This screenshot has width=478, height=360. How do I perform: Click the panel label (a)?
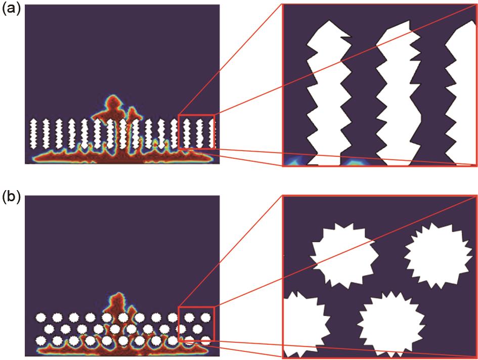pyautogui.click(x=11, y=10)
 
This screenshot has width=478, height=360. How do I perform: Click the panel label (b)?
pyautogui.click(x=11, y=198)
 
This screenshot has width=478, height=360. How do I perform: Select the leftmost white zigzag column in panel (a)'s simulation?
pyautogui.click(x=33, y=133)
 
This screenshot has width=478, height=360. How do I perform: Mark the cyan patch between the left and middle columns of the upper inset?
pyautogui.click(x=356, y=162)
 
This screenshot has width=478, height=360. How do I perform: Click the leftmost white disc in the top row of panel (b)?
pyautogui.click(x=40, y=318)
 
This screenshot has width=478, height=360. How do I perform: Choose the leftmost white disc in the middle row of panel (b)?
pyautogui.click(x=49, y=329)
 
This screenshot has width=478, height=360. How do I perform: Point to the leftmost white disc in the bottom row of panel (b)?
pyautogui.click(x=40, y=340)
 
